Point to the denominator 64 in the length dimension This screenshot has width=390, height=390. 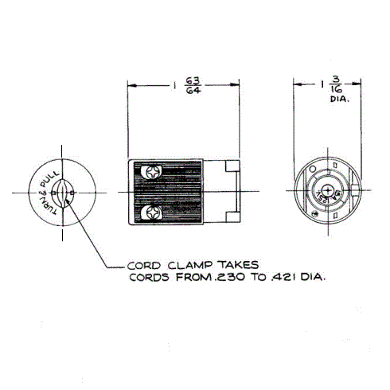click(191, 91)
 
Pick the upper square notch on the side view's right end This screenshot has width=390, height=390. click(232, 170)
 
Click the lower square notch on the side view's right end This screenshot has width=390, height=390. click(232, 216)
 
